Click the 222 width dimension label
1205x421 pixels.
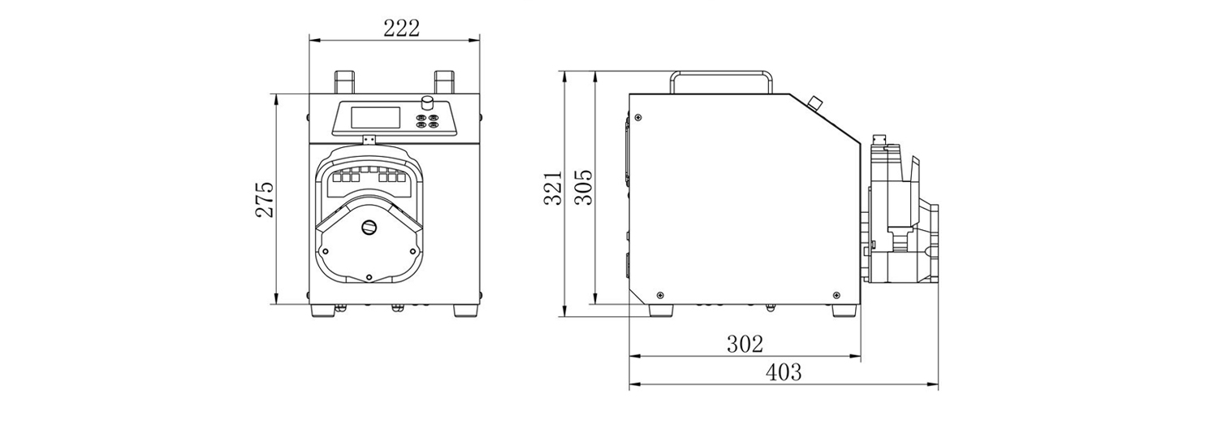[401, 28]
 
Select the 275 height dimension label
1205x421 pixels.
[265, 200]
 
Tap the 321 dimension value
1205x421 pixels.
[552, 189]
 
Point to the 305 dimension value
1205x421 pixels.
[583, 187]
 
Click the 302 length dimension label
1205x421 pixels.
[745, 344]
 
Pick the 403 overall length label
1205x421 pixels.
[784, 372]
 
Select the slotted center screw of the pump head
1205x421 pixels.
[369, 228]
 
